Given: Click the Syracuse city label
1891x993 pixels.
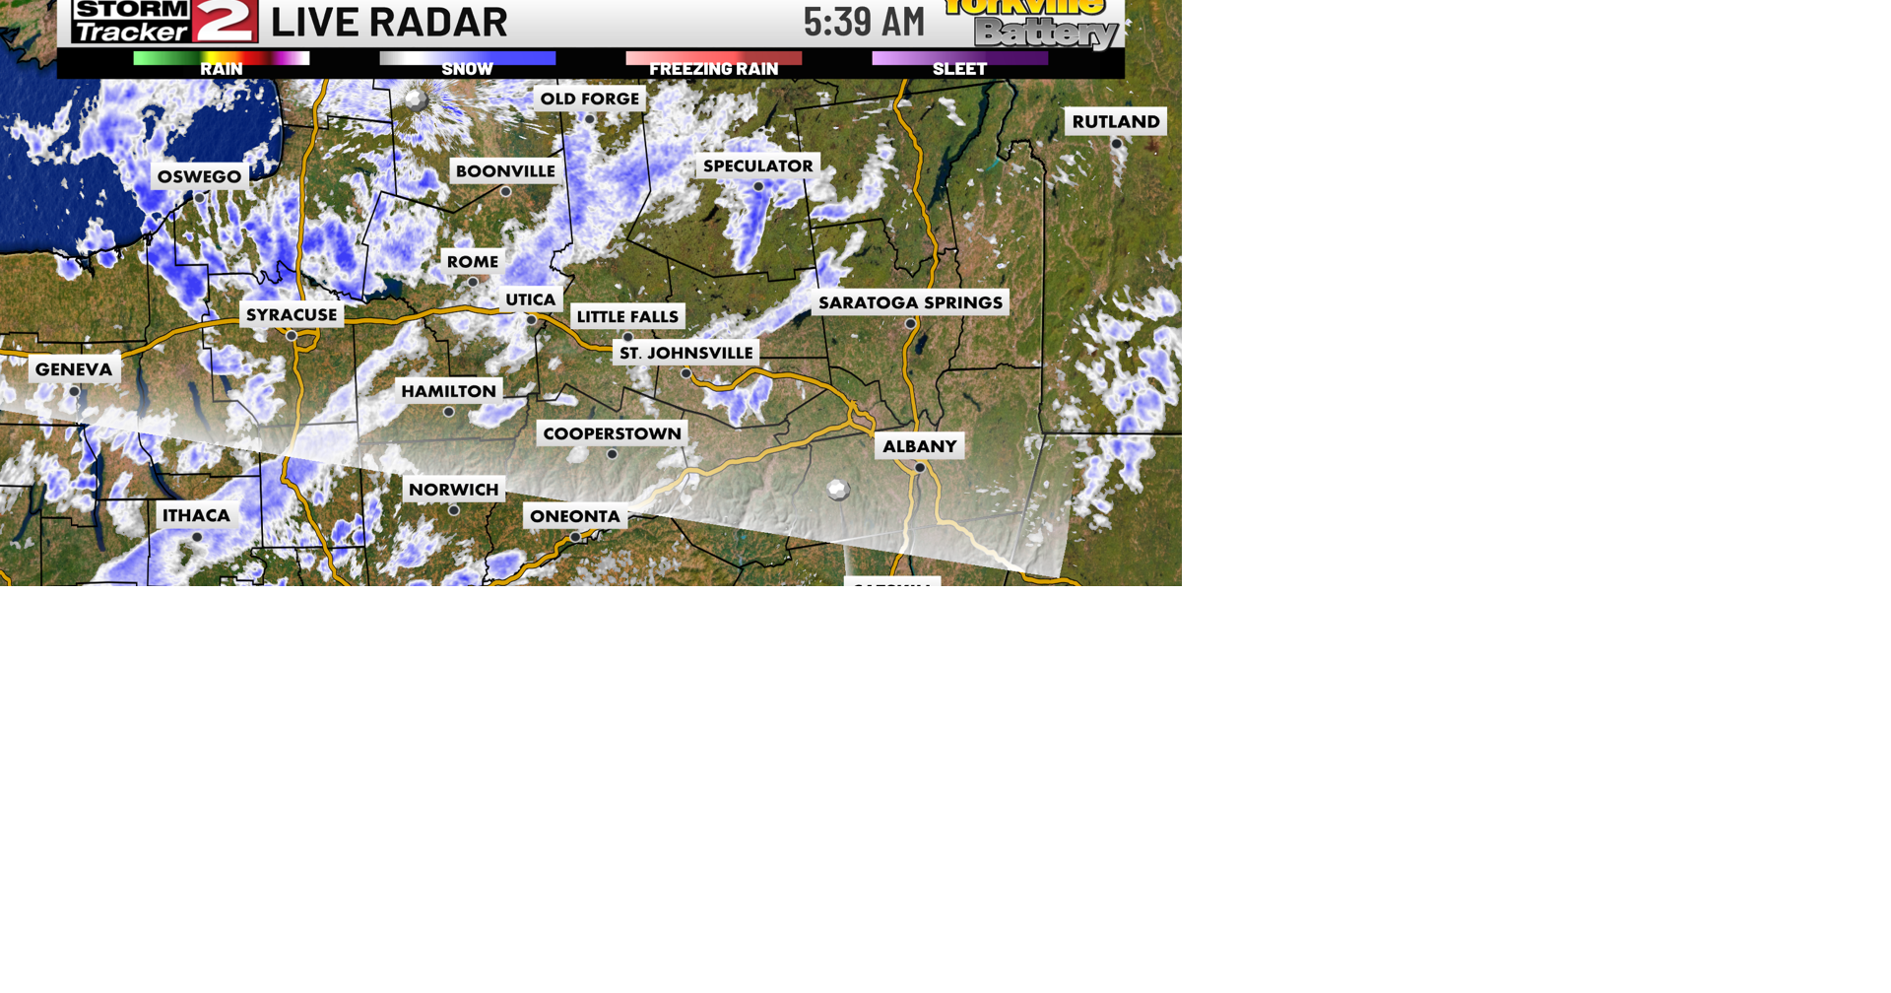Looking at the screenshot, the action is (x=292, y=315).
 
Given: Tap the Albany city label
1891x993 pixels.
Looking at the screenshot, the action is (x=919, y=446).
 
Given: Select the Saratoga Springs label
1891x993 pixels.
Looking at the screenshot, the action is (x=910, y=302).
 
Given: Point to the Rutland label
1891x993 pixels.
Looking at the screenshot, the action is (x=1115, y=121).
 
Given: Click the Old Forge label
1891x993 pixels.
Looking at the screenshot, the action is (x=589, y=99).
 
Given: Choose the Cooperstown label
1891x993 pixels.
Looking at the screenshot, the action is (x=612, y=433).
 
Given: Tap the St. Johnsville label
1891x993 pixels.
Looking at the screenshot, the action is (x=685, y=353).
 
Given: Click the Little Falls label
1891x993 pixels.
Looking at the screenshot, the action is (x=627, y=316).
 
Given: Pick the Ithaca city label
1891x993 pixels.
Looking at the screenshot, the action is (x=196, y=515).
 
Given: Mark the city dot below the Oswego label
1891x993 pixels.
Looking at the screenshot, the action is (x=199, y=198).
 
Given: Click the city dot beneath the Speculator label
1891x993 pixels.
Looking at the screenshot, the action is (x=758, y=187).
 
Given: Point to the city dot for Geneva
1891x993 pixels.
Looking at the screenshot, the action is (x=74, y=391).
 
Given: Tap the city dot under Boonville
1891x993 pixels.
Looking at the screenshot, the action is (x=505, y=192).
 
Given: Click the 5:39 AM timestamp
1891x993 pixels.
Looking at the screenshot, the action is (x=864, y=22).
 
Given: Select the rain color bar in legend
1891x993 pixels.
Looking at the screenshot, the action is (x=221, y=58).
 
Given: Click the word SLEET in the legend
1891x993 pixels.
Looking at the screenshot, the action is (x=959, y=70).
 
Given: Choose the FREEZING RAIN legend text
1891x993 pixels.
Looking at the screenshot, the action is (x=713, y=70).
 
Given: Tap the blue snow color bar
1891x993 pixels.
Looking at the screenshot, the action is (x=467, y=58).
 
